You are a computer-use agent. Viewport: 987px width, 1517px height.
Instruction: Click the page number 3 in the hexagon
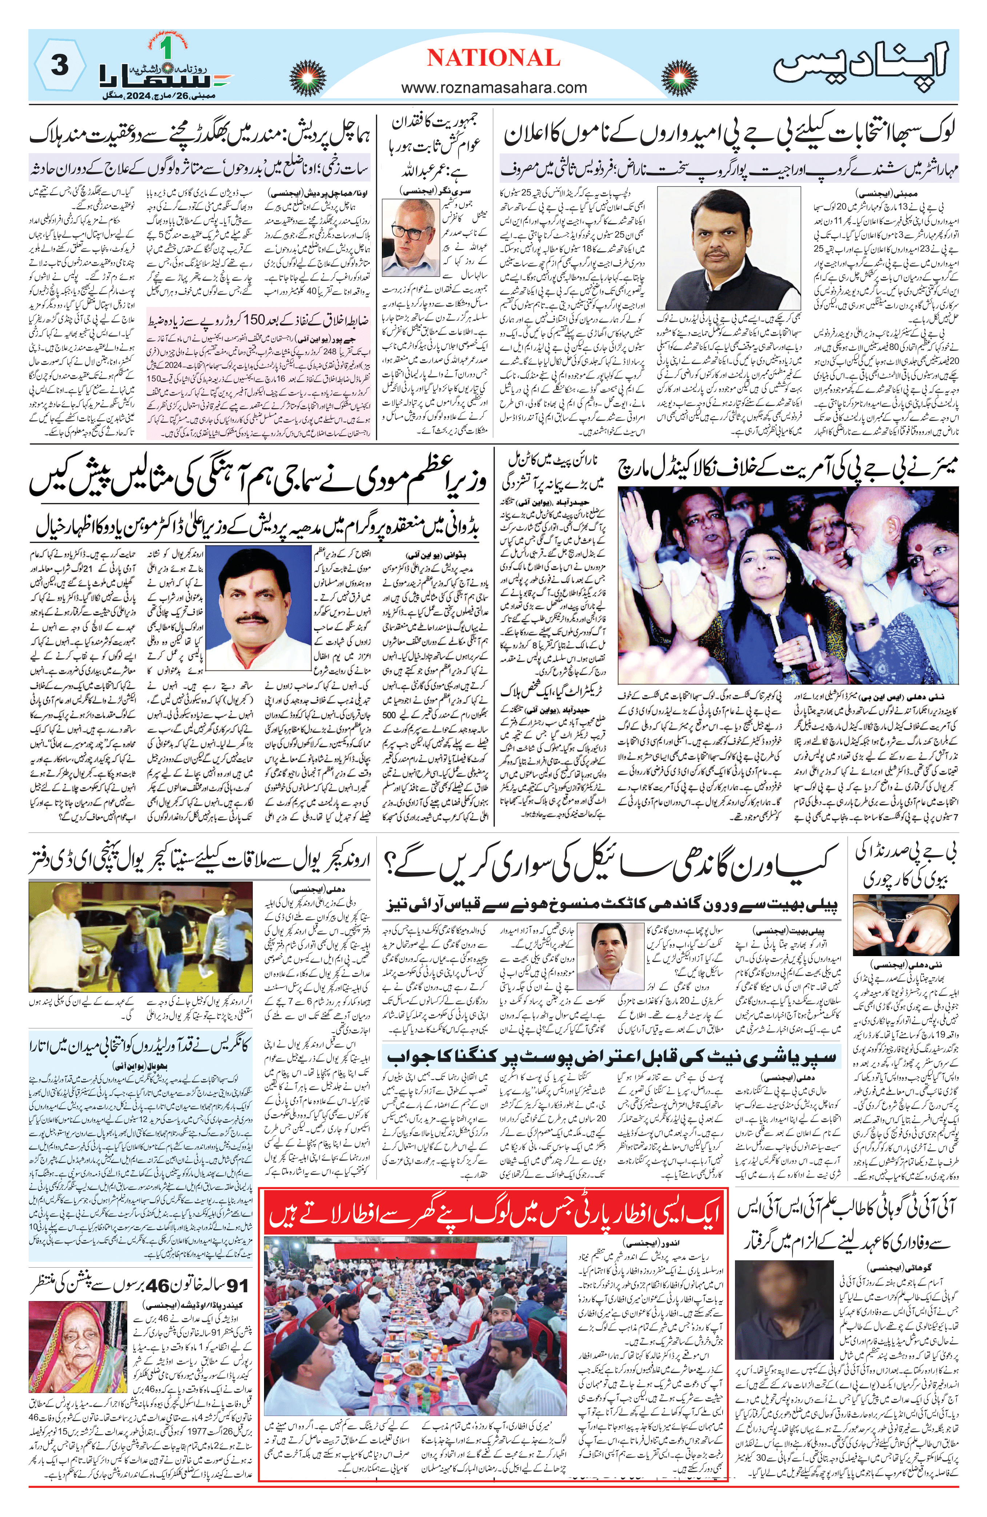(59, 66)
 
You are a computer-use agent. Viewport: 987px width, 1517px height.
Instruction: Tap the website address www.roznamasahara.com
(494, 87)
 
